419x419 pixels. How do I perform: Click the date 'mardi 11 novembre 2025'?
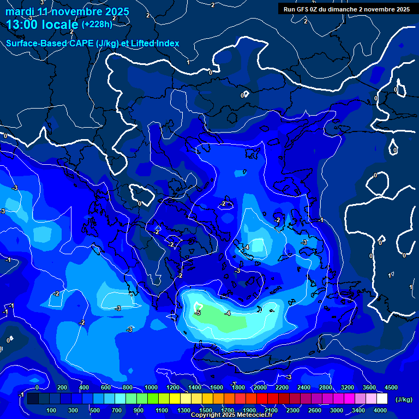pos(67,11)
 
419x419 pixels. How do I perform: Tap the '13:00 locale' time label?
pos(43,24)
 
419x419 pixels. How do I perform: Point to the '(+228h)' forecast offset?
pos(97,24)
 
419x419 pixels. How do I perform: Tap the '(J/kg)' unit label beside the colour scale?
pos(403,400)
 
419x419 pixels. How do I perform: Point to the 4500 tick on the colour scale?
pos(391,387)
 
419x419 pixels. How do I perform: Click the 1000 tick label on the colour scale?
pos(151,387)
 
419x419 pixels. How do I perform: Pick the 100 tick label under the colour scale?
pos(52,410)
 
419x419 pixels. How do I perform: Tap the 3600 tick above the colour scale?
pos(369,387)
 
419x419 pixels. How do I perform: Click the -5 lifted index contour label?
pos(198,313)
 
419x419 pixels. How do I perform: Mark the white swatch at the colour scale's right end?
pos(382,399)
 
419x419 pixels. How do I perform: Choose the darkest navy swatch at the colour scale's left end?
pos(33,399)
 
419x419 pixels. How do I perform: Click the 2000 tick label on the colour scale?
pos(260,387)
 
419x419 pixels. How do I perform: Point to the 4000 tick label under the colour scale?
pos(380,410)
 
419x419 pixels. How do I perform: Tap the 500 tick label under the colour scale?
pos(95,410)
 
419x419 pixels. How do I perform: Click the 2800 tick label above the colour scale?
pos(326,387)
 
